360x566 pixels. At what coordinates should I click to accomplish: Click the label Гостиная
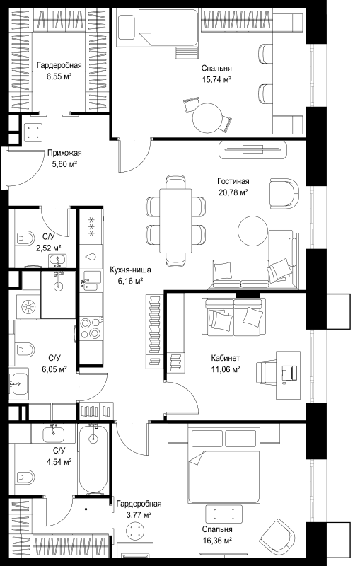233,181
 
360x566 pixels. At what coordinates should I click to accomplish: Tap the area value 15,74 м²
216,79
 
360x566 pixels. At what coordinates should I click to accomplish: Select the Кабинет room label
226,358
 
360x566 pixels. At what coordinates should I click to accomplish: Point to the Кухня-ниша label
130,270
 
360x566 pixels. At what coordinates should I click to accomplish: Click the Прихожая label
64,153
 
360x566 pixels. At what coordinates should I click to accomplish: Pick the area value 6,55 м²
59,76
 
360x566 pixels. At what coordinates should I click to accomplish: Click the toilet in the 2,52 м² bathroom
24,238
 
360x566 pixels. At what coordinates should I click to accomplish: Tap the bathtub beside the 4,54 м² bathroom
93,458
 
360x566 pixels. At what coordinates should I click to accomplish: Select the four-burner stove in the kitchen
91,328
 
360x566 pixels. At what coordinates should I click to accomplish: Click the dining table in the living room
175,221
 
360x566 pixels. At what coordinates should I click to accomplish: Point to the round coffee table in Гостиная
253,231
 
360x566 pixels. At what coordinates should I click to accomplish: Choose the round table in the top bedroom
207,118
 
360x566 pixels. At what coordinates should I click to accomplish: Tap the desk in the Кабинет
288,375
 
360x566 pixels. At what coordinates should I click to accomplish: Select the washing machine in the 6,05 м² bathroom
28,307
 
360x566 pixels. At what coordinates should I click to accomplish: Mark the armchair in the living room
284,193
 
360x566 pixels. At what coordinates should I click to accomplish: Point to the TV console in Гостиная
253,149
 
